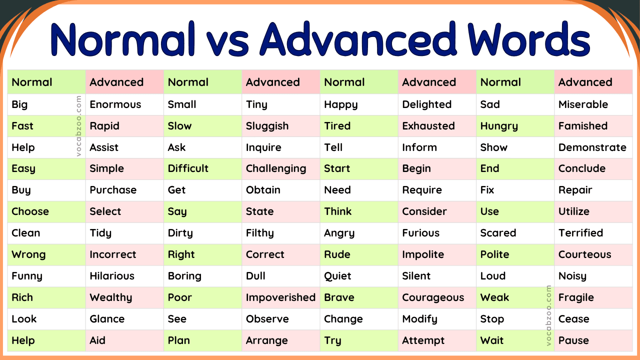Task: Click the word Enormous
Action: click(115, 104)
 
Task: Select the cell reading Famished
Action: click(582, 126)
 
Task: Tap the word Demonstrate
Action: click(592, 147)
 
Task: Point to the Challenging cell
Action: click(275, 169)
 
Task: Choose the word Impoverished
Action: click(280, 297)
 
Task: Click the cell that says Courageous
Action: click(432, 297)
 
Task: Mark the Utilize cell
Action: click(573, 211)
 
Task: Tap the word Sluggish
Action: click(267, 126)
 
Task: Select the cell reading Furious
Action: click(420, 233)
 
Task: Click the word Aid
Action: click(97, 340)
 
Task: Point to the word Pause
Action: click(573, 340)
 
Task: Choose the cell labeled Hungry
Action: click(498, 126)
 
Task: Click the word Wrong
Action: click(28, 254)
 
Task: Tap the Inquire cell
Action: click(263, 147)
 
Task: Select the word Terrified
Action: click(580, 233)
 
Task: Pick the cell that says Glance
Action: click(107, 319)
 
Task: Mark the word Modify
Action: click(419, 319)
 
